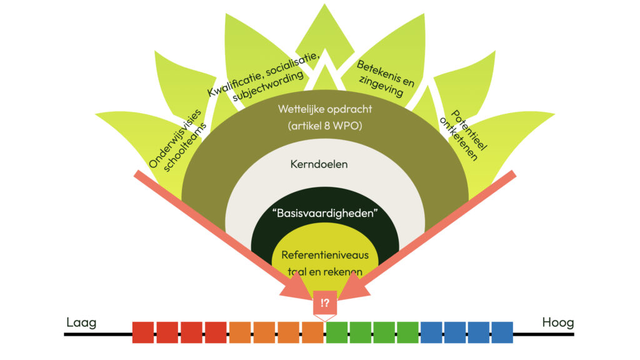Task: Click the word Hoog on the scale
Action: (557, 323)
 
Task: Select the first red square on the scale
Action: (143, 332)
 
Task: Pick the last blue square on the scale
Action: (502, 332)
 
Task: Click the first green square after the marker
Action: (337, 332)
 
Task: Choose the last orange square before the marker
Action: (312, 332)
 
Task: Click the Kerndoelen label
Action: (319, 166)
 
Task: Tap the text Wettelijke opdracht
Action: (325, 109)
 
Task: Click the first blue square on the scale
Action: (431, 332)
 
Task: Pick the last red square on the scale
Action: (216, 332)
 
